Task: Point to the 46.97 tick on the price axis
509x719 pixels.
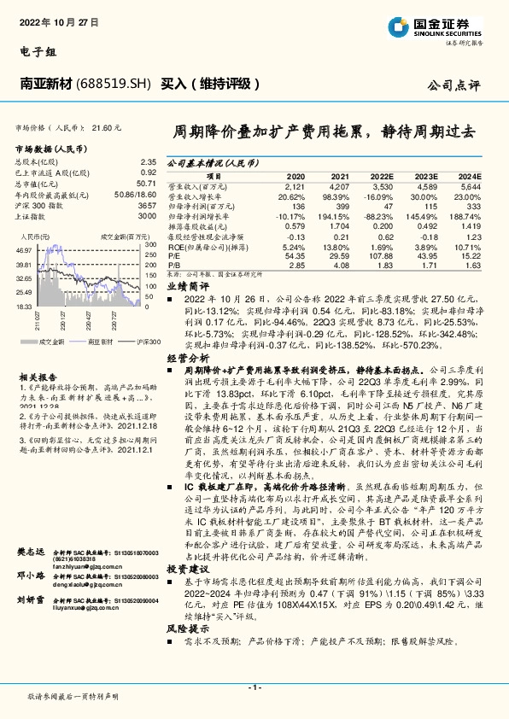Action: click(23, 249)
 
